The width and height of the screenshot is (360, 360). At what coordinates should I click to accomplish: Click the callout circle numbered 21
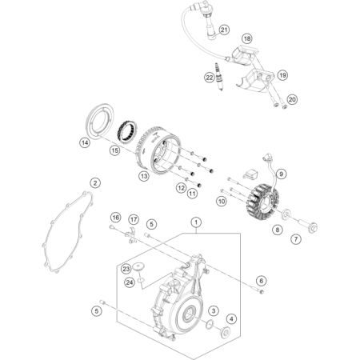point(224,30)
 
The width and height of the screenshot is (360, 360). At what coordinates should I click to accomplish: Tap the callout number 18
point(247,38)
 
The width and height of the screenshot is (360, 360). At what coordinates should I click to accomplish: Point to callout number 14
point(85,143)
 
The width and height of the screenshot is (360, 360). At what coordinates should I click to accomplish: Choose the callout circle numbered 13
point(144,176)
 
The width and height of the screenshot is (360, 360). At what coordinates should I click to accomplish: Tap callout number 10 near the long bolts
point(222,201)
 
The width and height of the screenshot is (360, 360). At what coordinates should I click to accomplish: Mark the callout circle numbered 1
point(196,222)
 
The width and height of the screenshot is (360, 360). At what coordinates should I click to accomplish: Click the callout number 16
point(116,218)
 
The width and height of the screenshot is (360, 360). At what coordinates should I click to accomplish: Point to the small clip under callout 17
point(130,236)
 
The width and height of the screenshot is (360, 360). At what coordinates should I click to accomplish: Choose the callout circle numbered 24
point(130,282)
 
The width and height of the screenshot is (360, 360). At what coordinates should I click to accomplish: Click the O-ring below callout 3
point(210,323)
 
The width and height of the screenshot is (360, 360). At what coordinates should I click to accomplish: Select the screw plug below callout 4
point(226,332)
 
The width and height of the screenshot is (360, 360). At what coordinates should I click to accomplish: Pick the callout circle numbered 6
point(262,281)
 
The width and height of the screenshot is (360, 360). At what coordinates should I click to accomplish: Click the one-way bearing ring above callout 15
point(127,132)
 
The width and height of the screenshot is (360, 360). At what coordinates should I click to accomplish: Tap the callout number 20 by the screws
point(292,99)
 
